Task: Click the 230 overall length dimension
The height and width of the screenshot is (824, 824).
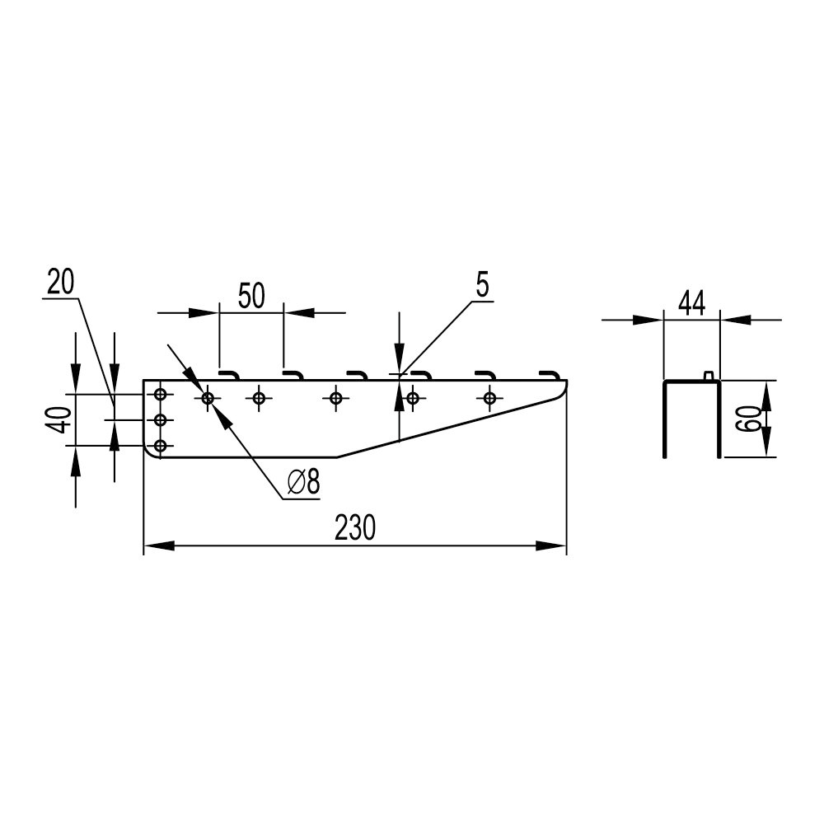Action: pos(355,527)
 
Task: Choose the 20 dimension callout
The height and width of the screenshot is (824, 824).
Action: pos(60,282)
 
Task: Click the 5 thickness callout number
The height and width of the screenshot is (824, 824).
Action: pos(482,285)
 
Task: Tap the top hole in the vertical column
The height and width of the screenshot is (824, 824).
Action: pos(161,394)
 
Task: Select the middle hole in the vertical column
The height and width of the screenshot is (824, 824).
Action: pos(161,420)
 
